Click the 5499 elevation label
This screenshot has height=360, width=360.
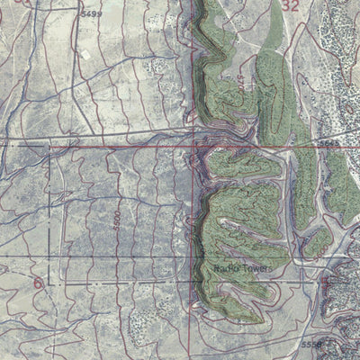(x=91, y=15)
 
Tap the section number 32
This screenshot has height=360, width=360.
(x=289, y=5)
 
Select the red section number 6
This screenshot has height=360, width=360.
(x=38, y=283)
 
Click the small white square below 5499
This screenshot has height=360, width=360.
(x=85, y=52)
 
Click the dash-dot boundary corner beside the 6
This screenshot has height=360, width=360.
(x=49, y=283)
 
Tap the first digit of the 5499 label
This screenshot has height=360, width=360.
(x=83, y=15)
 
